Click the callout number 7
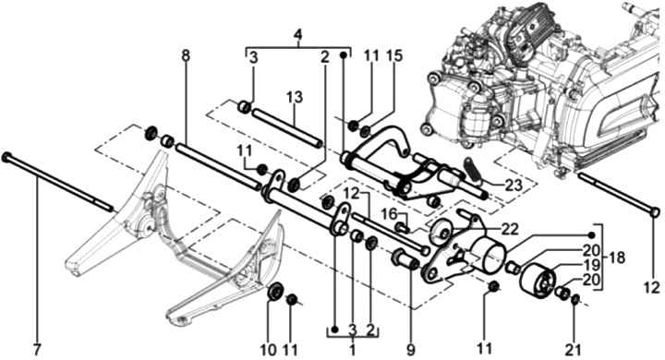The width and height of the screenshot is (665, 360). (36, 350)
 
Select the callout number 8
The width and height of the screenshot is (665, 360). (186, 55)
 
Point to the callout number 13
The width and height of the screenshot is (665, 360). (295, 97)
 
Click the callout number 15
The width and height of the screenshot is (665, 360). (394, 56)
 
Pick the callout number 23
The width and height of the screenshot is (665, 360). (514, 186)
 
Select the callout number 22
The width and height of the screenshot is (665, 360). (509, 229)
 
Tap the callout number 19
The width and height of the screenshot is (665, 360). (592, 265)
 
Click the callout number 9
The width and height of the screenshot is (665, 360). (410, 350)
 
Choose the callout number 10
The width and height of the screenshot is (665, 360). (268, 350)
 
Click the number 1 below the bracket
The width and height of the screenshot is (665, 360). (352, 351)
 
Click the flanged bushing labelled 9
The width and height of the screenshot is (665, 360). (406, 259)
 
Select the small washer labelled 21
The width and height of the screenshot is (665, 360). (574, 299)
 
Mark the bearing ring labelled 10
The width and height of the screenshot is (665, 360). (275, 291)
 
